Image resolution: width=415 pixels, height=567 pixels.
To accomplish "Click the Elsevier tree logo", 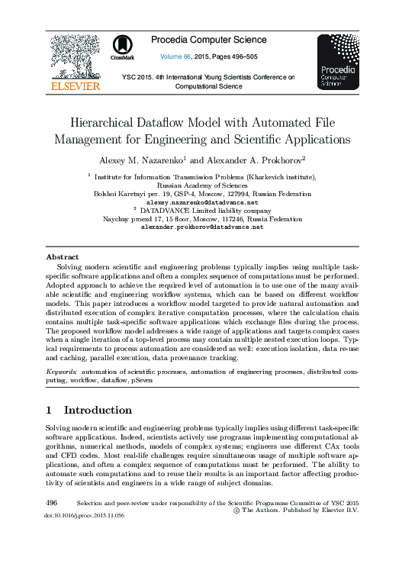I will [75, 57].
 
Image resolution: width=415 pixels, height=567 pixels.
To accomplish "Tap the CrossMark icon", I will [121, 47].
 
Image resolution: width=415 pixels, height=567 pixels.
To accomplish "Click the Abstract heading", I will [63, 257].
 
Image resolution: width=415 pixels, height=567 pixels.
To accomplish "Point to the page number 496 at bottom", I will [52, 504].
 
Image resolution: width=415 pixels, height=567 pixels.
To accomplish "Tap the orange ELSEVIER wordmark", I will [75, 86].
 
